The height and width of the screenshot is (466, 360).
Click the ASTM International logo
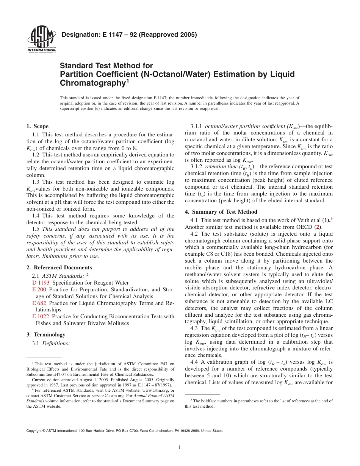coord(41,40)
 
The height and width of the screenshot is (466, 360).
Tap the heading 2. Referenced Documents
coord(59,267)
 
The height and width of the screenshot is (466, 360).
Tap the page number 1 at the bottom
coord(180,447)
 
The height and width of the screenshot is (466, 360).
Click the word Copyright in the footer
coord(34,431)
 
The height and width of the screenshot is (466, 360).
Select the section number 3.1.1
coord(196,126)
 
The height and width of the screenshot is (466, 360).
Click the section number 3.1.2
coord(196,166)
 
